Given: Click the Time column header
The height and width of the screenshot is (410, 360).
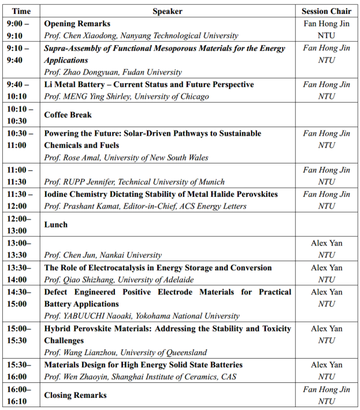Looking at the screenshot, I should click(21, 11).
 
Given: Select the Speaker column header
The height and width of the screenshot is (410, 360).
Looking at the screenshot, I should click(167, 11).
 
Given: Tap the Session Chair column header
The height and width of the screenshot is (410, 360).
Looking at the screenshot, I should click(326, 11).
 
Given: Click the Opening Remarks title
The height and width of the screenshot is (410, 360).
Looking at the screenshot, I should click(77, 24).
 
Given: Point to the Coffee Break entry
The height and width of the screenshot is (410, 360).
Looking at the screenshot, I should click(68, 114).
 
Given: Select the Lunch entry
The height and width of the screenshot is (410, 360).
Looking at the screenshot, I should click(56, 224).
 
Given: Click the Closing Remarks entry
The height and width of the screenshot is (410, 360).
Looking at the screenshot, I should click(76, 395).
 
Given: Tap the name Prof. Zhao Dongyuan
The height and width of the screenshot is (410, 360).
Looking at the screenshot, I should click(113, 72).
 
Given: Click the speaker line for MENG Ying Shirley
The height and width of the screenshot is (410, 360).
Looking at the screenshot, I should click(127, 96).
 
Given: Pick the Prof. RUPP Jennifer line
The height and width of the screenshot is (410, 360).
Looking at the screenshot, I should click(135, 182).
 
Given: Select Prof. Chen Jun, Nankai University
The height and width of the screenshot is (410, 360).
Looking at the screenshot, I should click(103, 255).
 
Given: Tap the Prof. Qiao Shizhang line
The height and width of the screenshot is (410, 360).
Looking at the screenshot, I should click(119, 279).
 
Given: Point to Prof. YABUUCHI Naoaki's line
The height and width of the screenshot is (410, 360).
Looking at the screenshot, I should click(142, 316).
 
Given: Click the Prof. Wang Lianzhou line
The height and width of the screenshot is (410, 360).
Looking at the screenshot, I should click(125, 352).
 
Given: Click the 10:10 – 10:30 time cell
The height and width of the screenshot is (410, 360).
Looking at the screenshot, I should click(21, 114).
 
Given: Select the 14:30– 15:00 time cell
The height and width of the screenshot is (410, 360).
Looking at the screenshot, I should click(21, 298).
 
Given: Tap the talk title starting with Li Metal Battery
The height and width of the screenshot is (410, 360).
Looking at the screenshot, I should click(149, 84).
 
